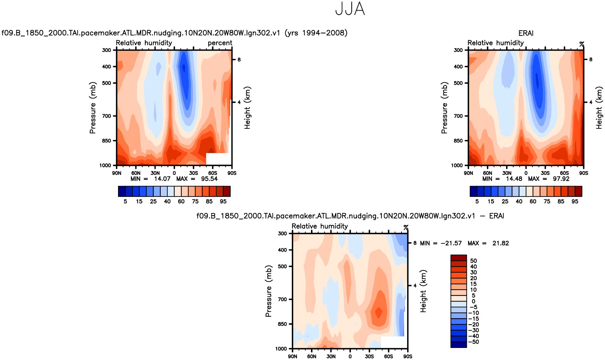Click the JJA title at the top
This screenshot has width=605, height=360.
tap(350, 9)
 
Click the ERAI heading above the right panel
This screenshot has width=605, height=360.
tap(526, 33)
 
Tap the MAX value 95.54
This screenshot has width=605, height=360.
tap(209, 179)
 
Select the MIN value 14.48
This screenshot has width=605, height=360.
tap(514, 179)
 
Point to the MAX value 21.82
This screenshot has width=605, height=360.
tap(501, 243)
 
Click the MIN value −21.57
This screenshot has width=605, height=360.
tap(451, 243)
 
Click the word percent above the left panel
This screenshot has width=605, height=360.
tap(220, 43)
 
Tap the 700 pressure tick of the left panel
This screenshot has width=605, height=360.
tap(107, 116)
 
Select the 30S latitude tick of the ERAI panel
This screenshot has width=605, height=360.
tap(545, 173)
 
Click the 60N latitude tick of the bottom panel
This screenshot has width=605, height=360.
tap(312, 356)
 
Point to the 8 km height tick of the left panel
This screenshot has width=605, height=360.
tap(239, 59)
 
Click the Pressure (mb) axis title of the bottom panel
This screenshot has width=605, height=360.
tap(268, 291)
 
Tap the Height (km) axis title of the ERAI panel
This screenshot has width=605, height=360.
tap(599, 108)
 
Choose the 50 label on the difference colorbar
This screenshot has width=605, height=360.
tap(473, 261)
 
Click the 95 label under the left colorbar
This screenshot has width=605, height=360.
tap(223, 202)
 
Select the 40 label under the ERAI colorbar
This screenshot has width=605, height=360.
tap(519, 202)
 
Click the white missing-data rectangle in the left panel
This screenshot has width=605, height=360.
tap(217, 159)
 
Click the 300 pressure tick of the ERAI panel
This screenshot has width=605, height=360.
tap(458, 50)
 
